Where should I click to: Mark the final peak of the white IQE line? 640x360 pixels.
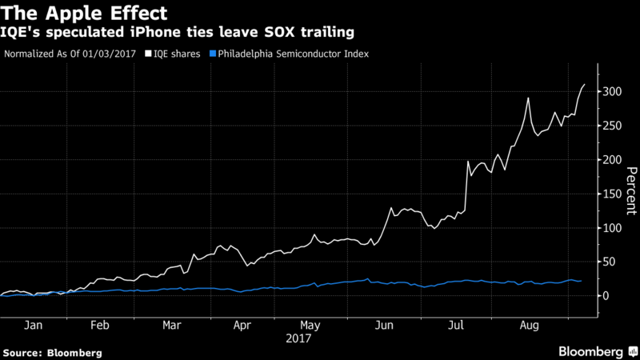[x=584, y=84]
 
